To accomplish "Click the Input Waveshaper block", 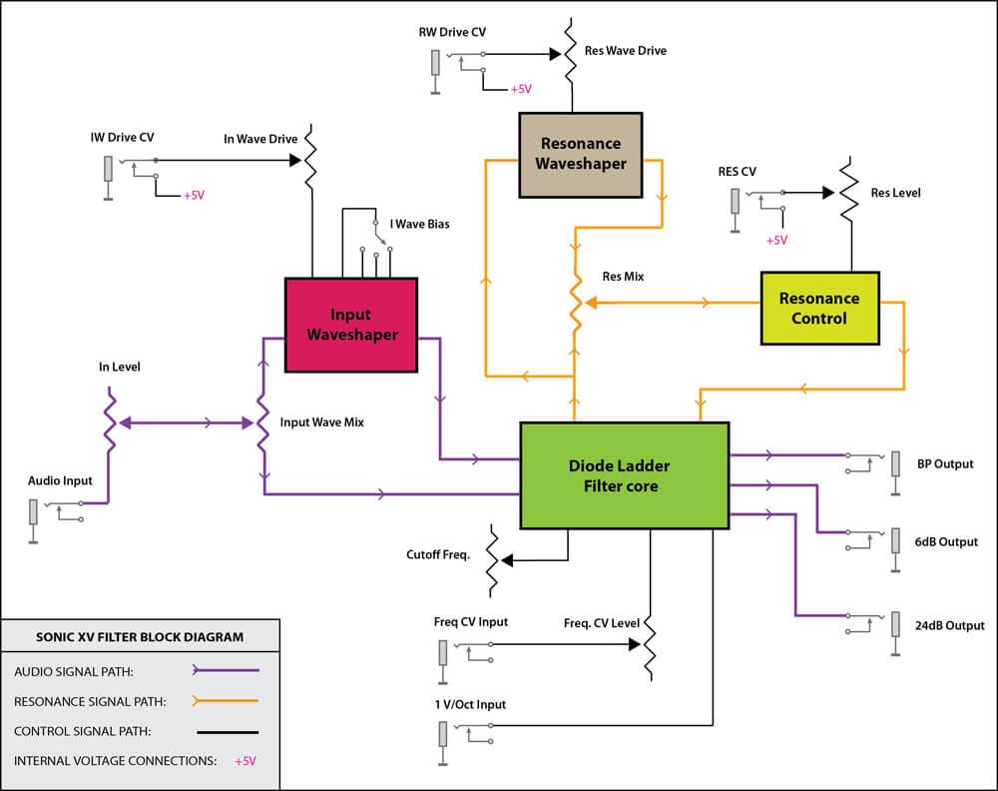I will [x=350, y=325].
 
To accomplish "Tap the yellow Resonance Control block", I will [x=819, y=308].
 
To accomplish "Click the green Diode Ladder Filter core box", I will [x=625, y=474].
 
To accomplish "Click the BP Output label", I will [x=945, y=463].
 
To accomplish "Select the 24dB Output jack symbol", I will [x=893, y=626].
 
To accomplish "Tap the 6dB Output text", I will [x=945, y=541].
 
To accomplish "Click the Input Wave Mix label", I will [x=321, y=422].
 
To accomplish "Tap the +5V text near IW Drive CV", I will [x=194, y=196].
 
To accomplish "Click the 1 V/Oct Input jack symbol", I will [x=442, y=734].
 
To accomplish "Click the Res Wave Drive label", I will [x=626, y=50].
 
